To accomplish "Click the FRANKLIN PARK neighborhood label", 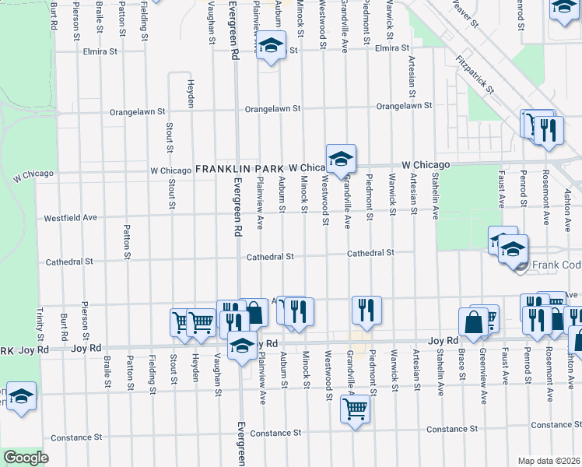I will point(240,168).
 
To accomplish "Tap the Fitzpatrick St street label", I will point(475,73).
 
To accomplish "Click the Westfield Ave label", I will point(71,217).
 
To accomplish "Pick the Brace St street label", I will point(461,365).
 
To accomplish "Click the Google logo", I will point(26,458).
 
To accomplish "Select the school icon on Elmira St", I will point(271,47).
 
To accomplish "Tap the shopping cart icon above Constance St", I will point(355,407).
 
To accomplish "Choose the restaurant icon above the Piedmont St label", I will point(366,311).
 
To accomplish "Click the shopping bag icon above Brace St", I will point(473,320).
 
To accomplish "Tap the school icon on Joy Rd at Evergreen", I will point(242,345).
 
